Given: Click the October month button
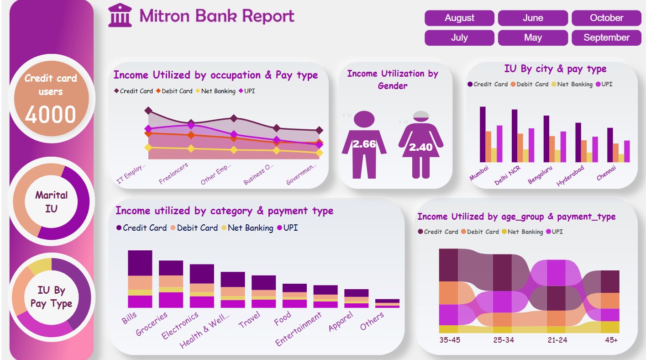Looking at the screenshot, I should pyautogui.click(x=606, y=18).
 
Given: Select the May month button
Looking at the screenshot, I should pyautogui.click(x=533, y=38).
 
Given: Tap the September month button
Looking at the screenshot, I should pyautogui.click(x=606, y=38).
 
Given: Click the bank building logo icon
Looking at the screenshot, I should pyautogui.click(x=120, y=16).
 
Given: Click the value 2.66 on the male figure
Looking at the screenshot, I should pyautogui.click(x=364, y=144).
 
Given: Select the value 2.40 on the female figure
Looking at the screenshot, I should pyautogui.click(x=420, y=147).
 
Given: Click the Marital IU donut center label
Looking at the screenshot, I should pyautogui.click(x=51, y=201).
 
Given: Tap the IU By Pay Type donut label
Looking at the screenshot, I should pyautogui.click(x=51, y=296).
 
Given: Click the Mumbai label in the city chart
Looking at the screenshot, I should pyautogui.click(x=479, y=173).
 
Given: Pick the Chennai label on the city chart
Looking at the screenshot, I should pyautogui.click(x=606, y=173).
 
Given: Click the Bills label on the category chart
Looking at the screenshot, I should pyautogui.click(x=129, y=318).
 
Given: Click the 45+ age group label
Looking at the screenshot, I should pyautogui.click(x=611, y=340).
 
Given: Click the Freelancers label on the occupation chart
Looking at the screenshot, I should pyautogui.click(x=173, y=174).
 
